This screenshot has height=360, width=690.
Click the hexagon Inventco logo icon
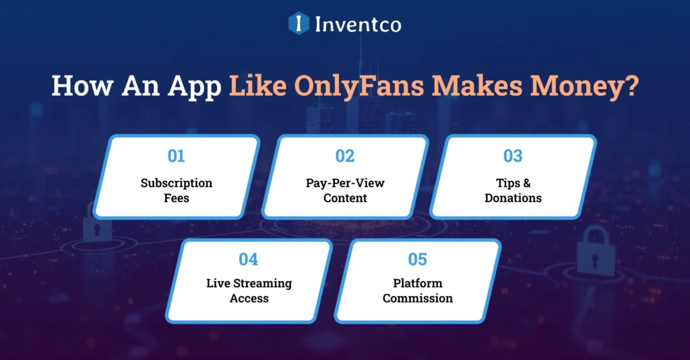[x=299, y=24]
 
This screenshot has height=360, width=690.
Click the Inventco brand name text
[x=358, y=25]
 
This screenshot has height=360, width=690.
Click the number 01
[x=176, y=156]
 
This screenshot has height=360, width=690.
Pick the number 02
[x=344, y=156]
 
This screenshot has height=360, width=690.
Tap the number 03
[x=513, y=156]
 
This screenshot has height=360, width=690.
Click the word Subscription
[x=177, y=183]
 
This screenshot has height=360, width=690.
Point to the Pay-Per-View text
[x=345, y=183]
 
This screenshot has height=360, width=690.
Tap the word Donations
[x=513, y=198]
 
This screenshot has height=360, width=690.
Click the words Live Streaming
[x=249, y=283]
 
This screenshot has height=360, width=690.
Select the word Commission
[x=418, y=298]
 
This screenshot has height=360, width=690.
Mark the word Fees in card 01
[x=177, y=198]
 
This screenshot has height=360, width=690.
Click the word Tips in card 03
[x=504, y=183]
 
